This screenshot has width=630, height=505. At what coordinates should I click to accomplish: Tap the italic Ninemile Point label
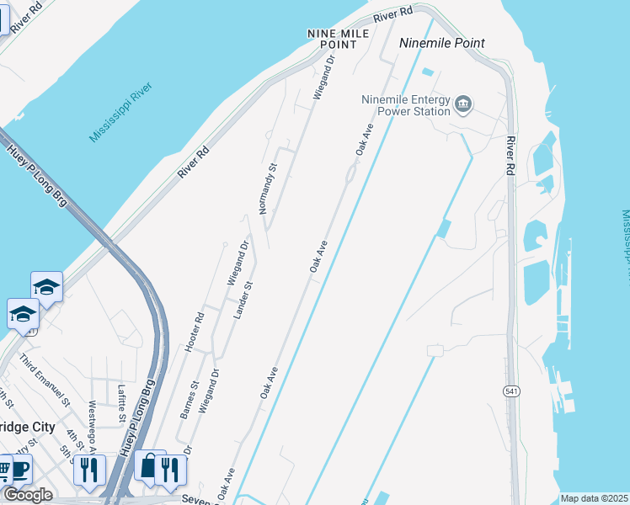coord(442,43)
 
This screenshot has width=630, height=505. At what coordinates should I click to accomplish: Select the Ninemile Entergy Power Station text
coord(406,104)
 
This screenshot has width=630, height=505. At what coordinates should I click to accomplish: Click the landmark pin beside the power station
coord(463,105)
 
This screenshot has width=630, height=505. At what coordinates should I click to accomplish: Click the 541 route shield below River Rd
coord(511,391)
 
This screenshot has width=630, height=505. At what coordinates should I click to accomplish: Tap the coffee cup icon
coord(19,471)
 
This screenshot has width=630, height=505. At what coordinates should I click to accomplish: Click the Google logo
coord(27,495)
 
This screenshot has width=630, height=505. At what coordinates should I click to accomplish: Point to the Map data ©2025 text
coord(593,498)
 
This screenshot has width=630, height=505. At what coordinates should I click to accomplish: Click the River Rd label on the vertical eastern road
coord(510,156)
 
